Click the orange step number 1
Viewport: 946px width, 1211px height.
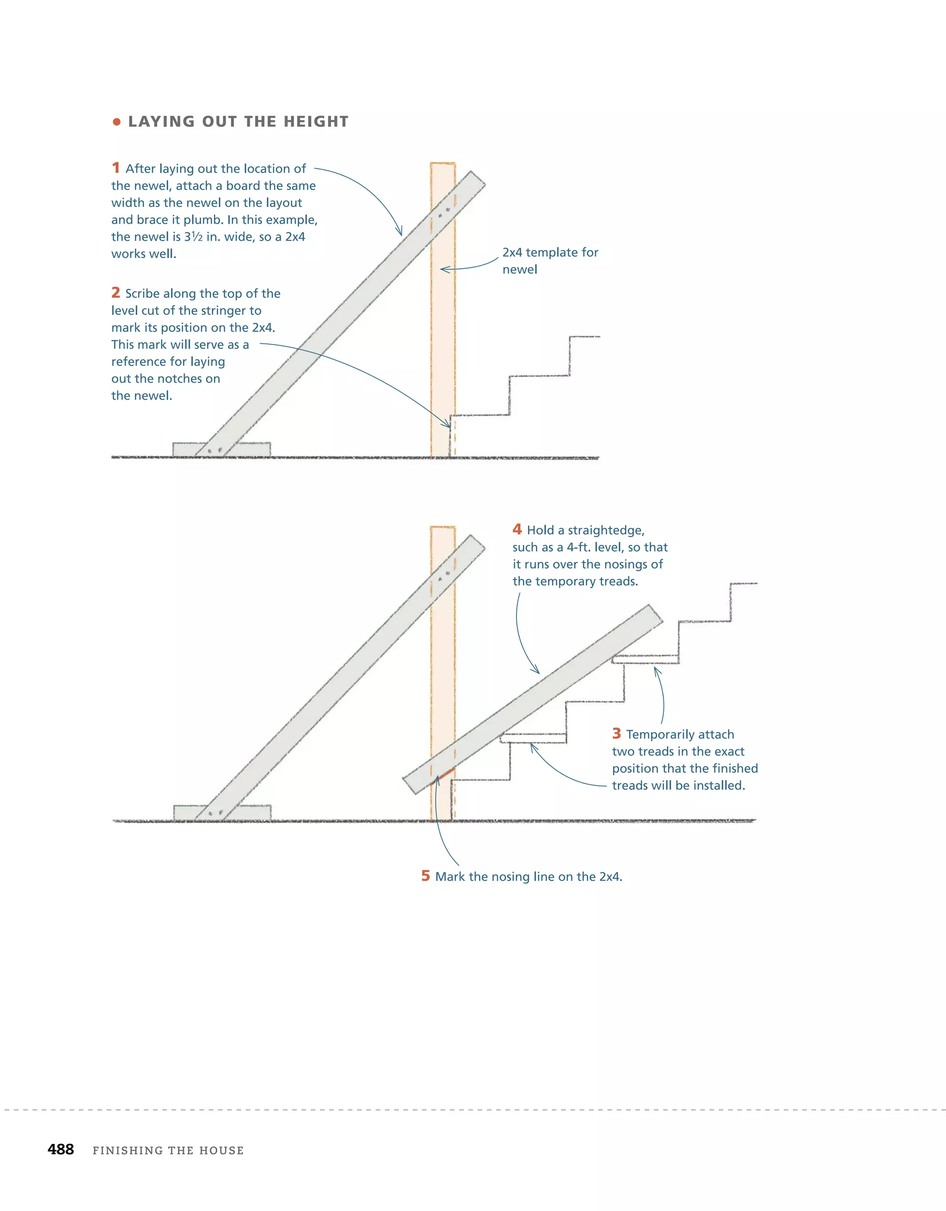coord(115,167)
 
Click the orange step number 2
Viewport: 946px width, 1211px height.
coord(115,292)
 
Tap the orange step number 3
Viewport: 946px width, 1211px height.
coord(616,733)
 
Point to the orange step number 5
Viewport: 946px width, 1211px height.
coord(425,875)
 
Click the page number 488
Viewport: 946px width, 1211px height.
coord(61,1149)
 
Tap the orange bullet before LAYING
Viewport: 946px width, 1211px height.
coord(116,122)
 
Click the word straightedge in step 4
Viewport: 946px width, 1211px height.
coord(606,530)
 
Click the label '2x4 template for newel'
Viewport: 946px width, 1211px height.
coord(550,260)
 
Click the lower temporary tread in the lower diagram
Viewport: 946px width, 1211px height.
coord(533,738)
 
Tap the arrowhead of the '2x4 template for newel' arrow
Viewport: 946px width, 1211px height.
coord(442,269)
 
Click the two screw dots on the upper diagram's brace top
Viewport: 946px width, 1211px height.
coord(443,212)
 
